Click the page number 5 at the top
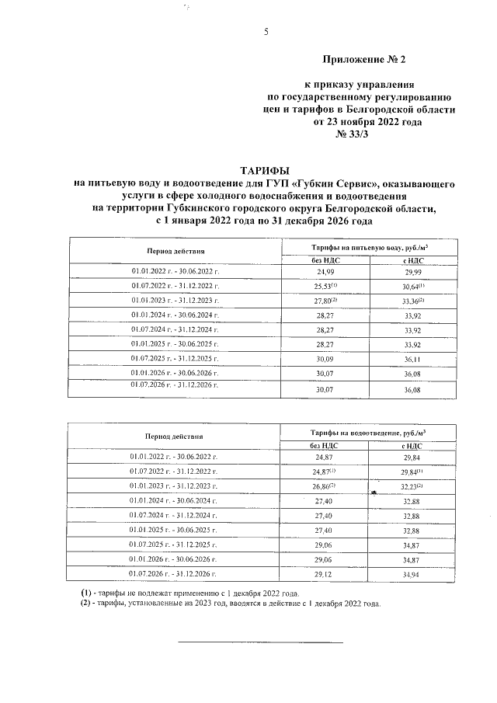266,32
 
